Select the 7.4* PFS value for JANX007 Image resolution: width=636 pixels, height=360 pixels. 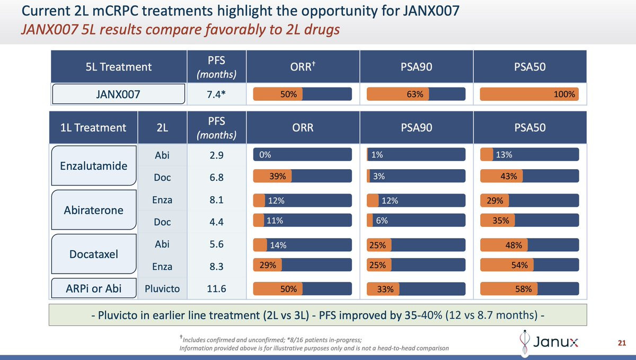click(x=216, y=94)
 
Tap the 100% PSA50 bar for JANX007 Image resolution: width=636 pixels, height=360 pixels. click(x=529, y=94)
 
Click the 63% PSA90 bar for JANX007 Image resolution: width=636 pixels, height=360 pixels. click(x=416, y=94)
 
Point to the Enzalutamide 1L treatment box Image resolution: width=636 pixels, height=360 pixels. click(x=93, y=165)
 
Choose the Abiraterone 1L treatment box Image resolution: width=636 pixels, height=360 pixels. click(x=93, y=210)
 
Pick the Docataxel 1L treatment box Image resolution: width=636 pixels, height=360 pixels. click(x=93, y=254)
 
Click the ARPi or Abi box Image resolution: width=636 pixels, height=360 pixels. click(x=93, y=289)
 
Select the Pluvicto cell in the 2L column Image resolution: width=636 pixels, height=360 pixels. click(x=162, y=289)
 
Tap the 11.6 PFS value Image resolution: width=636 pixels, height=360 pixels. click(x=216, y=289)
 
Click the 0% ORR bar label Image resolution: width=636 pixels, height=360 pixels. click(x=266, y=154)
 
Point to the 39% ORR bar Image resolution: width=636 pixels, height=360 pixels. click(x=302, y=177)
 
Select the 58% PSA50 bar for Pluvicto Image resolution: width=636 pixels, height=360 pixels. click(x=529, y=289)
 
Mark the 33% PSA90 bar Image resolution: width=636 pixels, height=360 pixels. click(x=416, y=289)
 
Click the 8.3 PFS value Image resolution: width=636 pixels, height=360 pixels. click(x=216, y=267)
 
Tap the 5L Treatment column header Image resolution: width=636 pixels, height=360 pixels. click(x=119, y=67)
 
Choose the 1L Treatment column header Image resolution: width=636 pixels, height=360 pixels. click(x=93, y=127)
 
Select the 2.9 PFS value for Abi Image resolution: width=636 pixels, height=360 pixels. click(x=216, y=154)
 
